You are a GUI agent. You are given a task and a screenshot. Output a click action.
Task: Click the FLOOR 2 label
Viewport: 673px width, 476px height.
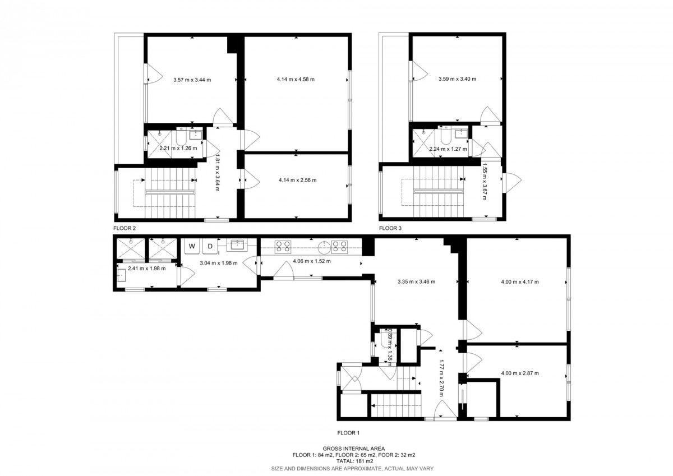pyautogui.click(x=125, y=228)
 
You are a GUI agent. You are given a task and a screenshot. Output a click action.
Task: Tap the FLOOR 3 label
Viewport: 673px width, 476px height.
pyautogui.click(x=390, y=228)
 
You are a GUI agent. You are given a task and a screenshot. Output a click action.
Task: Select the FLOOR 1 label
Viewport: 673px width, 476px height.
pyautogui.click(x=348, y=433)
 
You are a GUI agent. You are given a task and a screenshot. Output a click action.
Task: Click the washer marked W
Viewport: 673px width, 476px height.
pyautogui.click(x=192, y=246)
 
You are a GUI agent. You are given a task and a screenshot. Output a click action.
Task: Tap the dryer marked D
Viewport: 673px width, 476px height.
pyautogui.click(x=210, y=246)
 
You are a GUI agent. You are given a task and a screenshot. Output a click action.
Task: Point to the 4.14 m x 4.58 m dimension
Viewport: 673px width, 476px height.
pyautogui.click(x=296, y=80)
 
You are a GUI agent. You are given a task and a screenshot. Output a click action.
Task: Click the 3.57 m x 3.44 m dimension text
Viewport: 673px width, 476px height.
pyautogui.click(x=192, y=80)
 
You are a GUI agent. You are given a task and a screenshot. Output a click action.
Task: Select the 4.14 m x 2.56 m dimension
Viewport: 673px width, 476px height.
pyautogui.click(x=297, y=180)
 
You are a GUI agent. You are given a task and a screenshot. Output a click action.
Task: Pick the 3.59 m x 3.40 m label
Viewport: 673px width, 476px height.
pyautogui.click(x=457, y=79)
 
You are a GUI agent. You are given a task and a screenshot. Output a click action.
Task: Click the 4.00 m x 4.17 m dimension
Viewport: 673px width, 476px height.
pyautogui.click(x=520, y=281)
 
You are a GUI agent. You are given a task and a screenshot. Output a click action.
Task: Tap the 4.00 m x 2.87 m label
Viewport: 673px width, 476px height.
pyautogui.click(x=520, y=373)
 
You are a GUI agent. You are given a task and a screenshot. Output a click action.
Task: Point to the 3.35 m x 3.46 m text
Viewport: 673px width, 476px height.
pyautogui.click(x=416, y=281)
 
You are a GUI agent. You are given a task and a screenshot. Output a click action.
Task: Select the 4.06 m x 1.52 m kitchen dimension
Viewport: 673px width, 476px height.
pyautogui.click(x=312, y=261)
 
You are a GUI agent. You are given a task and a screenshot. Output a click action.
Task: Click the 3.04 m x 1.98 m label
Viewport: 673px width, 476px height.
pyautogui.click(x=218, y=263)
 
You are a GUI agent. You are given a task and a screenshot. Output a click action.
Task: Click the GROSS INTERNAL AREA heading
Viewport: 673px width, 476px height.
pyautogui.click(x=354, y=449)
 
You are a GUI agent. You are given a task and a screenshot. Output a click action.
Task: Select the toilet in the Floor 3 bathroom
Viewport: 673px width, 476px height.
pyautogui.click(x=446, y=136)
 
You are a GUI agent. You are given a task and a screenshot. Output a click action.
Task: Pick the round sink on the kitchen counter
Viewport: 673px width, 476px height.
pyautogui.click(x=324, y=247)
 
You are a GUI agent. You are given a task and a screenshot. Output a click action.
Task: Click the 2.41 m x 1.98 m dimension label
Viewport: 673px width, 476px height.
pyautogui.click(x=146, y=269)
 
